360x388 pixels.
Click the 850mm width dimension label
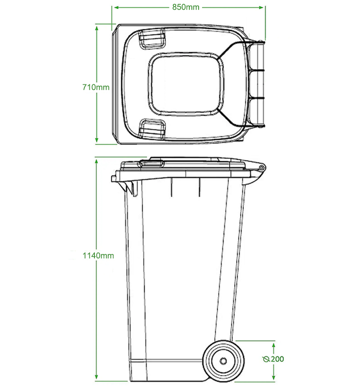coord(186,7)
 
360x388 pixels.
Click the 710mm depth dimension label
coord(96,87)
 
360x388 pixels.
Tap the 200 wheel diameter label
coord(277,359)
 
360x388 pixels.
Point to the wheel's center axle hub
coord(223,361)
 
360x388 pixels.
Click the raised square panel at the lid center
coord(186,84)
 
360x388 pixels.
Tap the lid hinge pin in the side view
coord(262,168)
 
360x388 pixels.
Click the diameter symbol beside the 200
coord(266,359)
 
